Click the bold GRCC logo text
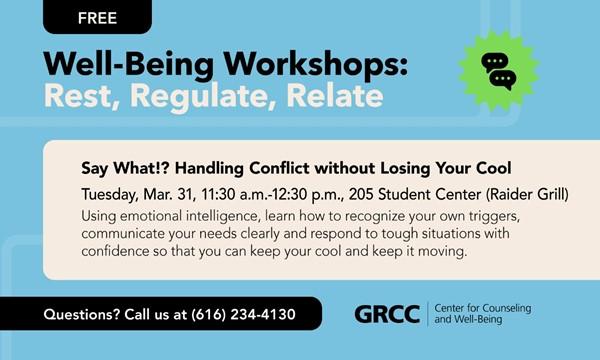point(386,314)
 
